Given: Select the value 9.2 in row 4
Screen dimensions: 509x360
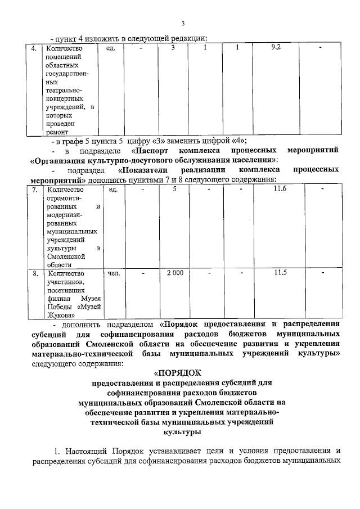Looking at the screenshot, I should [276, 48].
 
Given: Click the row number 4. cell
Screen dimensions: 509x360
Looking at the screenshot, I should [34, 48].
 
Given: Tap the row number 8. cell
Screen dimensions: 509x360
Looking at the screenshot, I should [34, 273].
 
